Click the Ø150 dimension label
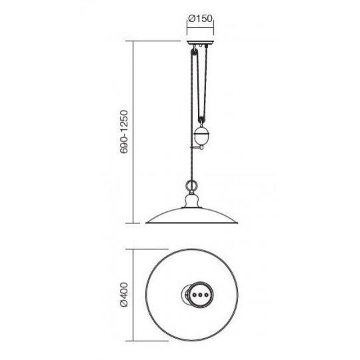201,19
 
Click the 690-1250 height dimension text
124,132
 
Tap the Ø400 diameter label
124,295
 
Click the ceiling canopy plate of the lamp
201,43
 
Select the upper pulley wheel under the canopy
194,52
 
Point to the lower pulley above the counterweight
202,120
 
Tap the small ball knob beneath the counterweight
201,147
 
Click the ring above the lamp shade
192,185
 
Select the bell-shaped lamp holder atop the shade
192,201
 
